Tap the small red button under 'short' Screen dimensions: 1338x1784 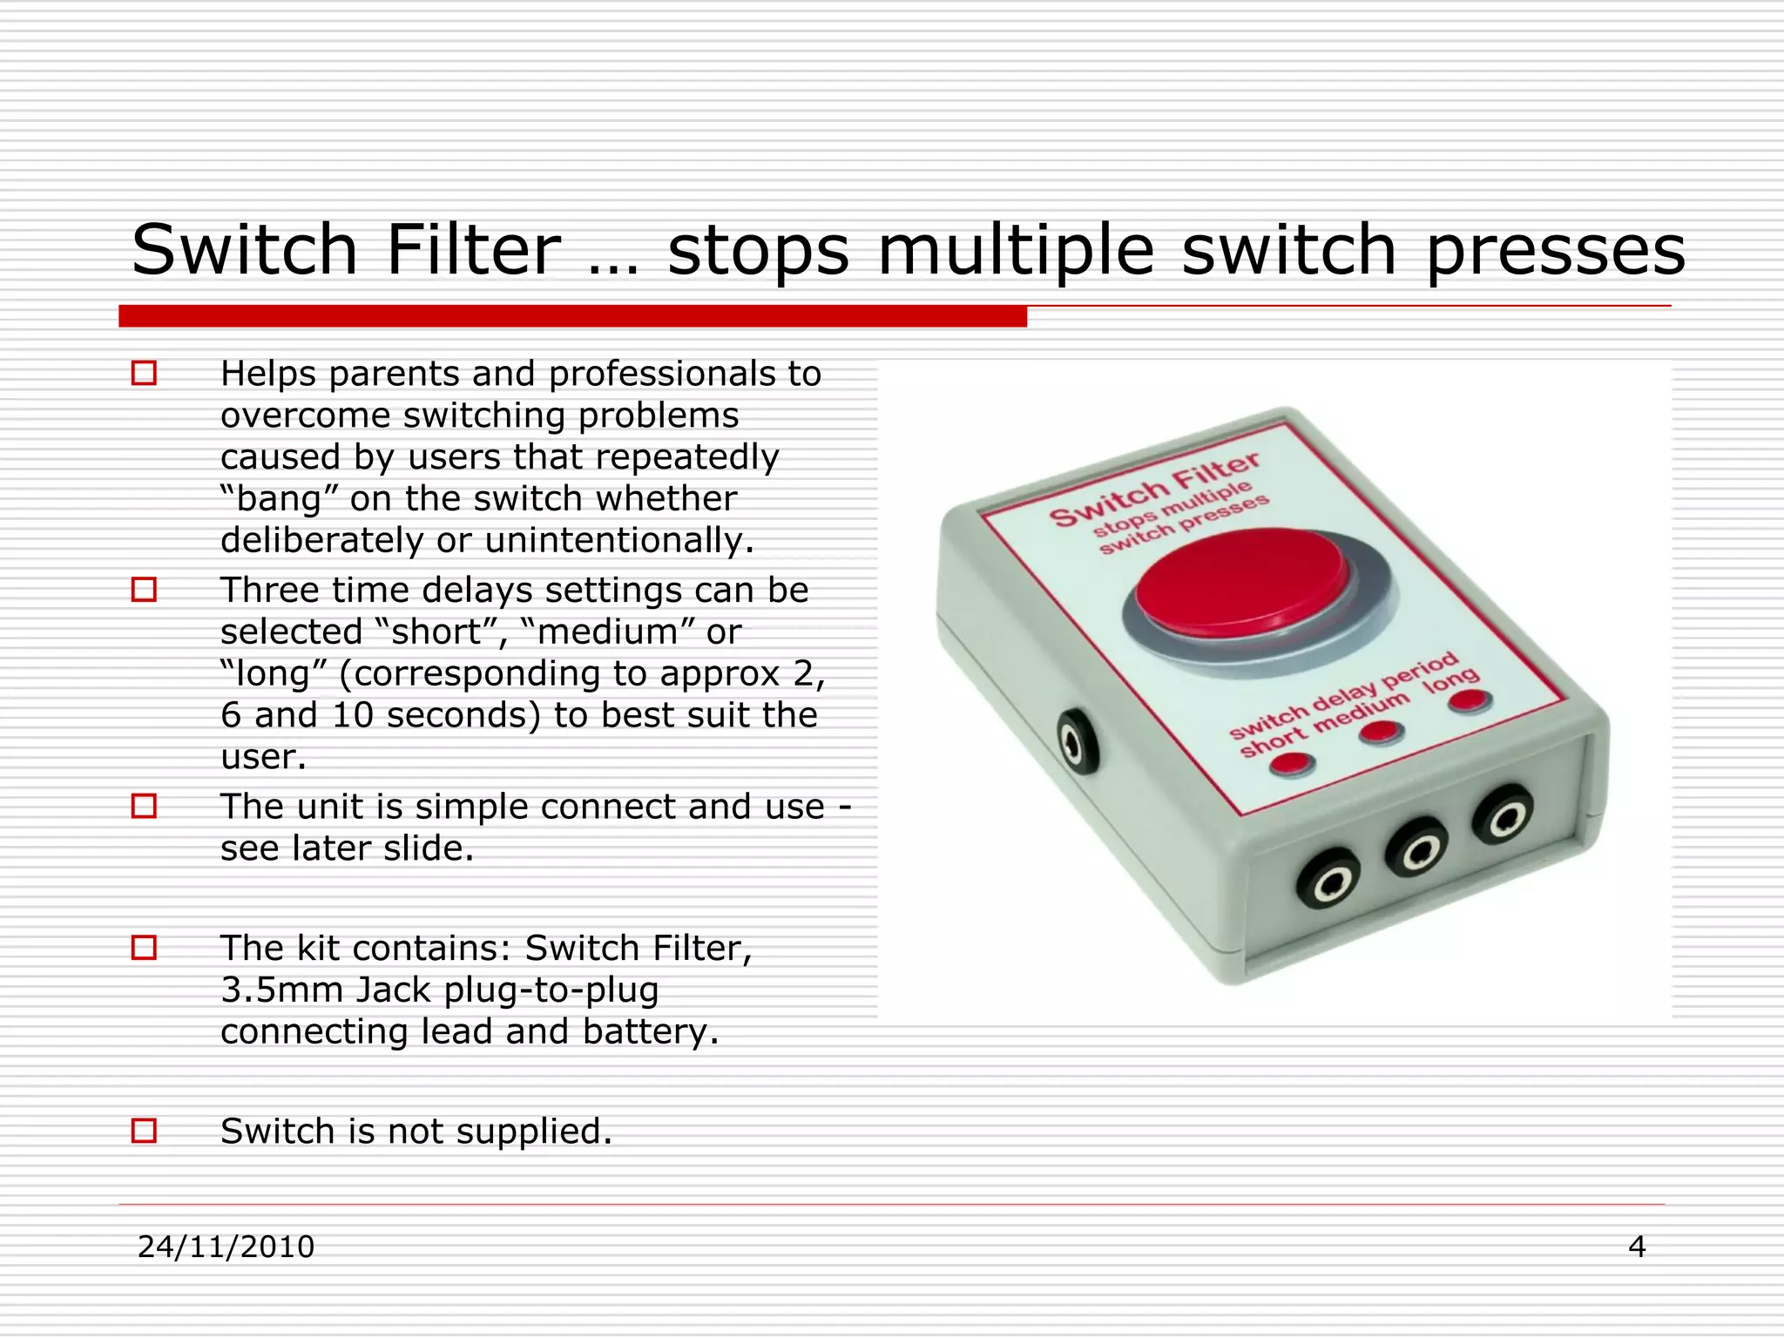[x=1291, y=764]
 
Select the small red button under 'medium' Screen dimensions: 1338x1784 [x=1381, y=732]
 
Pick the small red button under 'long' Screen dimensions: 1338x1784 [x=1470, y=699]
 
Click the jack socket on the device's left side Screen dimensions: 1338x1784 [x=1077, y=743]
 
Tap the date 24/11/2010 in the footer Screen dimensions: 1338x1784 [x=226, y=1247]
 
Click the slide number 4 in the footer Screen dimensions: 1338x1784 [x=1637, y=1247]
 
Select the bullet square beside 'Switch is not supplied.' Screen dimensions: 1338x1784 [x=144, y=1131]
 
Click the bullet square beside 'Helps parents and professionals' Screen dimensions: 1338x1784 [x=144, y=374]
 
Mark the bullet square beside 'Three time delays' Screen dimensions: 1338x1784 [x=144, y=590]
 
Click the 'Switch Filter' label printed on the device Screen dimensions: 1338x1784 [x=1154, y=491]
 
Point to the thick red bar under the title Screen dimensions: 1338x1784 [x=572, y=316]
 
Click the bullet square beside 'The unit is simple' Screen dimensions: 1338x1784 [x=144, y=806]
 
